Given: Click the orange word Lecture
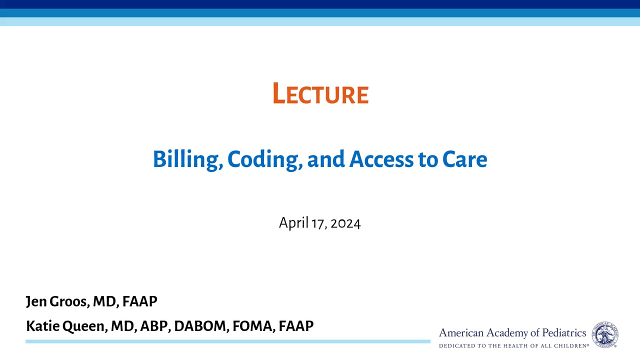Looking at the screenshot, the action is point(320,93).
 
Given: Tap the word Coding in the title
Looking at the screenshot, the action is point(265,160).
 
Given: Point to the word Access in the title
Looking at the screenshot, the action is point(381,159).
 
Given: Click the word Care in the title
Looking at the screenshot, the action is point(464,159).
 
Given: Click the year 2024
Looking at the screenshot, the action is point(345,223).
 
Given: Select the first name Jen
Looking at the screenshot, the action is point(36,301).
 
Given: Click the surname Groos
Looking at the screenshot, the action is point(69,301).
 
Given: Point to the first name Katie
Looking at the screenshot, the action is point(43,326).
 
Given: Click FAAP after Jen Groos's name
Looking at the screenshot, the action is point(139,301).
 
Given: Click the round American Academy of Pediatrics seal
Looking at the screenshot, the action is point(605,334).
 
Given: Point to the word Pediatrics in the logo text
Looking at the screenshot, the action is point(564,333).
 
